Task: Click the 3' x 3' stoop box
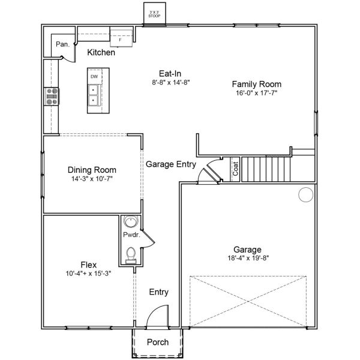click(x=154, y=13)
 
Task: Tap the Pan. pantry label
click(x=62, y=44)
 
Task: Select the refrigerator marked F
click(x=121, y=38)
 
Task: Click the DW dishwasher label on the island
click(x=94, y=77)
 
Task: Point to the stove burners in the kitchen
click(x=52, y=96)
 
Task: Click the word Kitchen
click(x=101, y=53)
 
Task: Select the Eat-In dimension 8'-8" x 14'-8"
click(x=171, y=82)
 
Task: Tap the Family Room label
click(x=257, y=84)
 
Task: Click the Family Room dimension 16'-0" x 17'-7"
click(x=257, y=93)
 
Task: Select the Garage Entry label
click(x=171, y=164)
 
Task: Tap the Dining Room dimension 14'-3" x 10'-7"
click(x=92, y=179)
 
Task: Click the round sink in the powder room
click(x=130, y=222)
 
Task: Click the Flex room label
click(x=89, y=264)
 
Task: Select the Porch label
click(x=158, y=343)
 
